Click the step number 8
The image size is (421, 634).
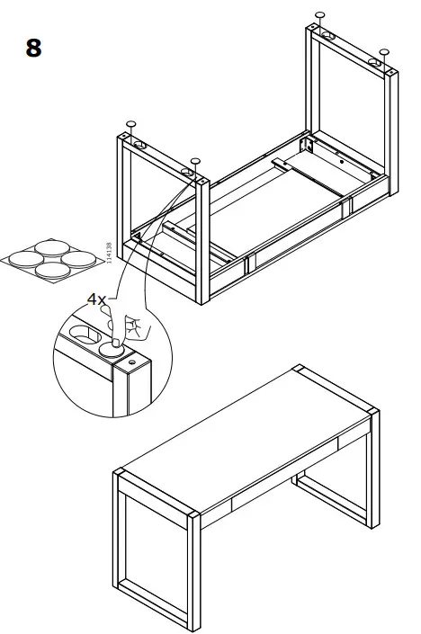33,48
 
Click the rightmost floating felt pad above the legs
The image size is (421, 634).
383,51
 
